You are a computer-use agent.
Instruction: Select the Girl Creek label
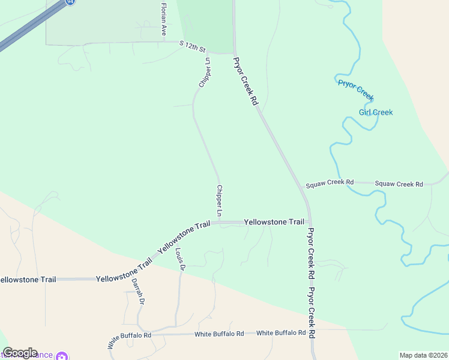[x=376, y=112]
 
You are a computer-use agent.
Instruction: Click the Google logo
[x=20, y=353]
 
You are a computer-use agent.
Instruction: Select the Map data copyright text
[x=424, y=355]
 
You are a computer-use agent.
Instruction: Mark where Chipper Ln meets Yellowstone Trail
[x=219, y=223]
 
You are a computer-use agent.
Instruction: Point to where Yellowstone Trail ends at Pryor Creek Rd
[x=309, y=222]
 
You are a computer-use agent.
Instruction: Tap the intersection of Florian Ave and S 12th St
[x=163, y=43]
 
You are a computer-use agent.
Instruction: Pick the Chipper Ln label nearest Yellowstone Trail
[x=219, y=201]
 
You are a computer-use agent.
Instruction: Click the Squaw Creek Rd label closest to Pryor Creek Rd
[x=330, y=182]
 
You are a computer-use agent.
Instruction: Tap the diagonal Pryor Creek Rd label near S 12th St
[x=246, y=82]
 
